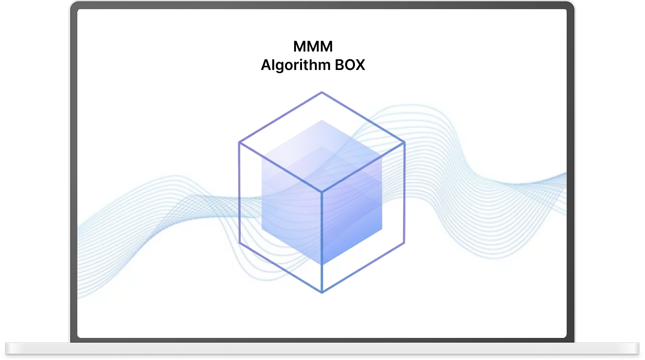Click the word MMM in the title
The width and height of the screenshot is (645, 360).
pyautogui.click(x=313, y=46)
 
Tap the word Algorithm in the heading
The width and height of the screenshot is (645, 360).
pyautogui.click(x=296, y=65)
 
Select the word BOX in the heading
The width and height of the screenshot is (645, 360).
pyautogui.click(x=350, y=65)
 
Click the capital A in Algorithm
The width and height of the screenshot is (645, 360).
pyautogui.click(x=266, y=65)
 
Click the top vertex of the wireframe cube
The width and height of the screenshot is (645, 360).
pyautogui.click(x=322, y=93)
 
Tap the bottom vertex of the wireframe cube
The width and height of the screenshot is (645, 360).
pyautogui.click(x=322, y=292)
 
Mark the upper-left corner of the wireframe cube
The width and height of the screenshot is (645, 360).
pyautogui.click(x=239, y=143)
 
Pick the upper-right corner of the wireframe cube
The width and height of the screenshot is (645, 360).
pyautogui.click(x=404, y=143)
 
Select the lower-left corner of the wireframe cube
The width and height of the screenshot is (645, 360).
pyautogui.click(x=240, y=243)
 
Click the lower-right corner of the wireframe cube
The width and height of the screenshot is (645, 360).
pyautogui.click(x=404, y=243)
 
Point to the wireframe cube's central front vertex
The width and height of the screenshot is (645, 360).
pyautogui.click(x=322, y=192)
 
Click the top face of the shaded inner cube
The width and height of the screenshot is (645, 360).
pyautogui.click(x=322, y=156)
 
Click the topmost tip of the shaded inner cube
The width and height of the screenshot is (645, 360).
pyautogui.click(x=322, y=121)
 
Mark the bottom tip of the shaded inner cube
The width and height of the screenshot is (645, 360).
pyautogui.click(x=322, y=264)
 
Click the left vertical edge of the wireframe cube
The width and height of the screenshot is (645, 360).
pyautogui.click(x=239, y=193)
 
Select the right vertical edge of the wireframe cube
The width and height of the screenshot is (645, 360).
pyautogui.click(x=404, y=193)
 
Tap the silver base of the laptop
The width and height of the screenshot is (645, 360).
pyautogui.click(x=322, y=348)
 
